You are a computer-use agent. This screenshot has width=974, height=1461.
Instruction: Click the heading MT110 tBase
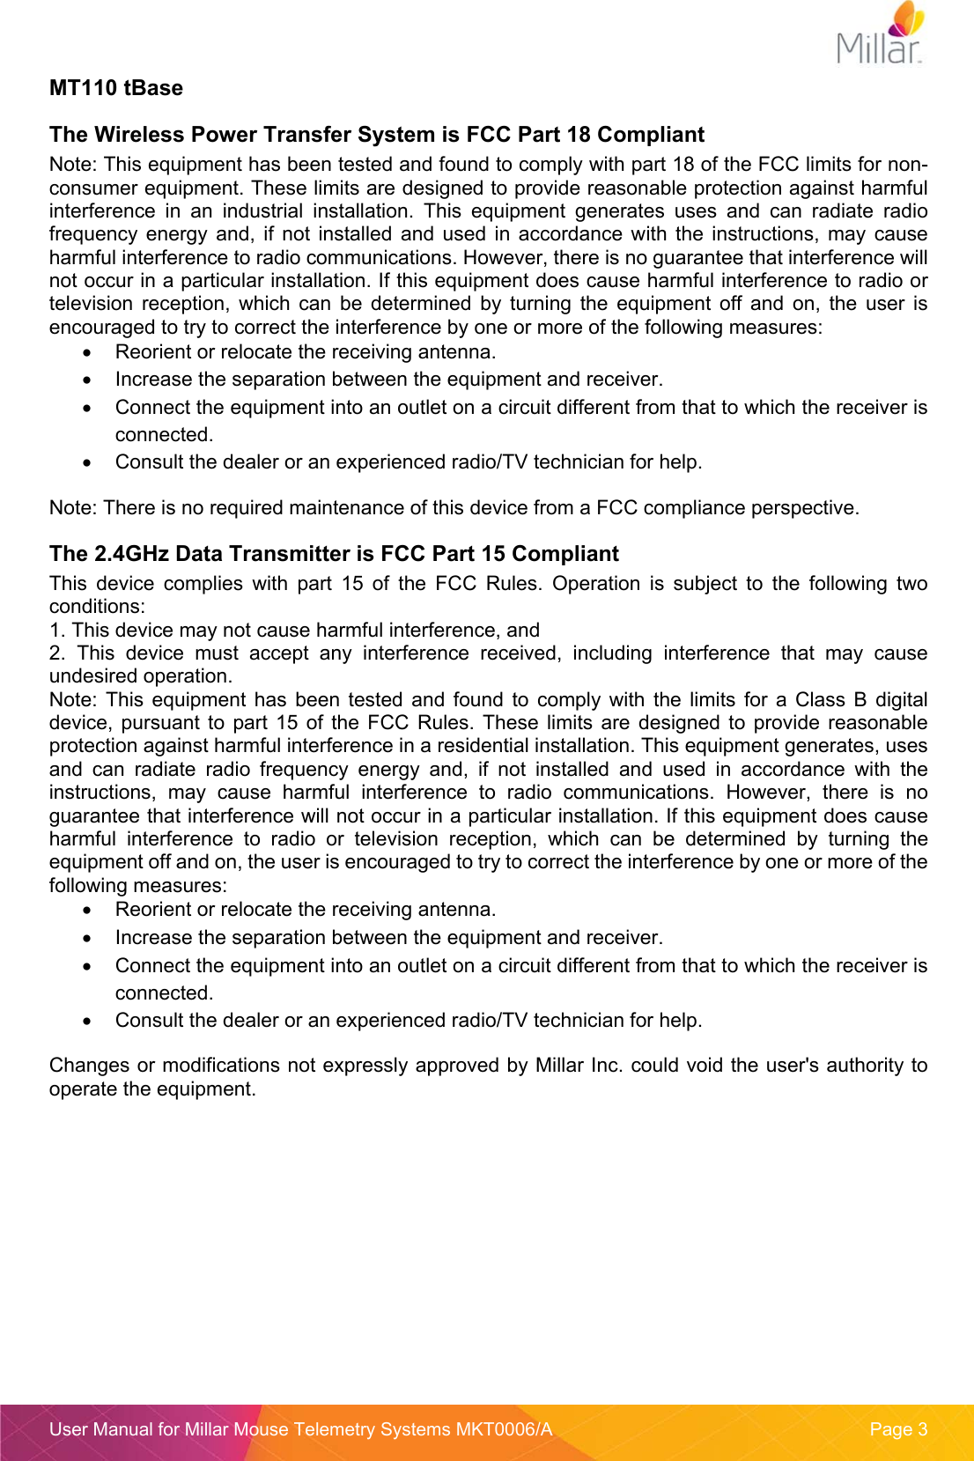(x=116, y=88)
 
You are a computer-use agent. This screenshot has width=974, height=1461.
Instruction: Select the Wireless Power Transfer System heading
(x=376, y=135)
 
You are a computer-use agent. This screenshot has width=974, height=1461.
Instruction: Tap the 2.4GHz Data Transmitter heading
(x=334, y=554)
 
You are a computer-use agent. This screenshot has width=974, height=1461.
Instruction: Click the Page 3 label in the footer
(x=897, y=1429)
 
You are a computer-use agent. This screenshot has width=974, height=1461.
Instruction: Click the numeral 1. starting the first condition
(x=56, y=631)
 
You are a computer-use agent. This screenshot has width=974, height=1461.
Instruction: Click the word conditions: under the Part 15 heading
(x=97, y=607)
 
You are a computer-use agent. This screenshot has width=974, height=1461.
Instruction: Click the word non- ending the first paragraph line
(x=908, y=165)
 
